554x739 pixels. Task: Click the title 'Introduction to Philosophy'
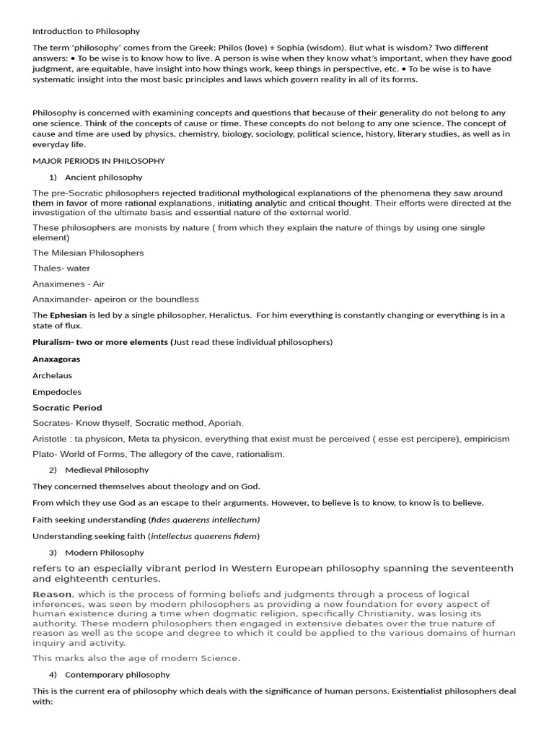point(87,32)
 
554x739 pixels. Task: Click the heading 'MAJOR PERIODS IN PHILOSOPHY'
point(99,161)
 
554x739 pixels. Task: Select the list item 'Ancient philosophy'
point(104,177)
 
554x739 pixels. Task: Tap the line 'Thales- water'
point(61,268)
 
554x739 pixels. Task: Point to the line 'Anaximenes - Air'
point(69,284)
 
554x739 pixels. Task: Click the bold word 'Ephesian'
point(68,315)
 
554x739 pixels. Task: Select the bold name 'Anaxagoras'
point(56,359)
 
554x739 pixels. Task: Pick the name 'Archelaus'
point(53,375)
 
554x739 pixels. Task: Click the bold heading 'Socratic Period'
point(67,408)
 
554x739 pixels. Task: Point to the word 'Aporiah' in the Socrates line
point(226,423)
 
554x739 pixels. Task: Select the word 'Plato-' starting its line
point(45,454)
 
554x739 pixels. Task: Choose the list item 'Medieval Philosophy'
point(107,470)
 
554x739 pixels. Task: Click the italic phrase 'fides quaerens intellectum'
point(204,520)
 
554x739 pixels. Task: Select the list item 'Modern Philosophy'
point(105,553)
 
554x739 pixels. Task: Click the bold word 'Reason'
point(52,594)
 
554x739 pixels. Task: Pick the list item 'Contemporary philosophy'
point(118,675)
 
